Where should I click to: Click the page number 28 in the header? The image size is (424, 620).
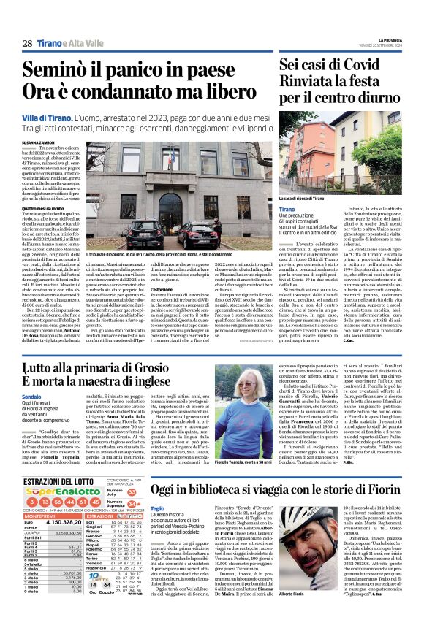[x=26, y=43]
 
